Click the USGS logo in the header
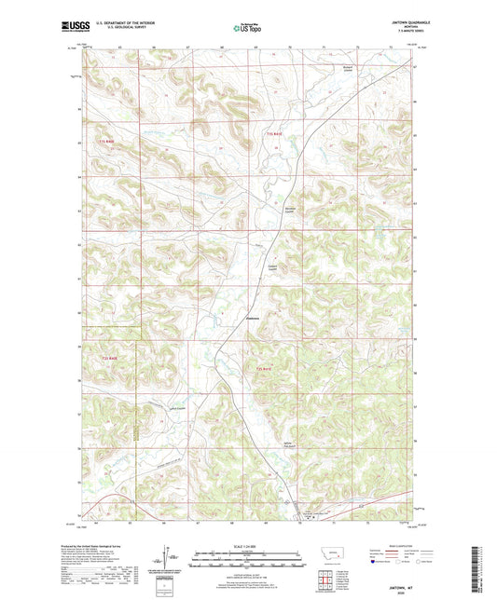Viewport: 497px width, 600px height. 71,28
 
